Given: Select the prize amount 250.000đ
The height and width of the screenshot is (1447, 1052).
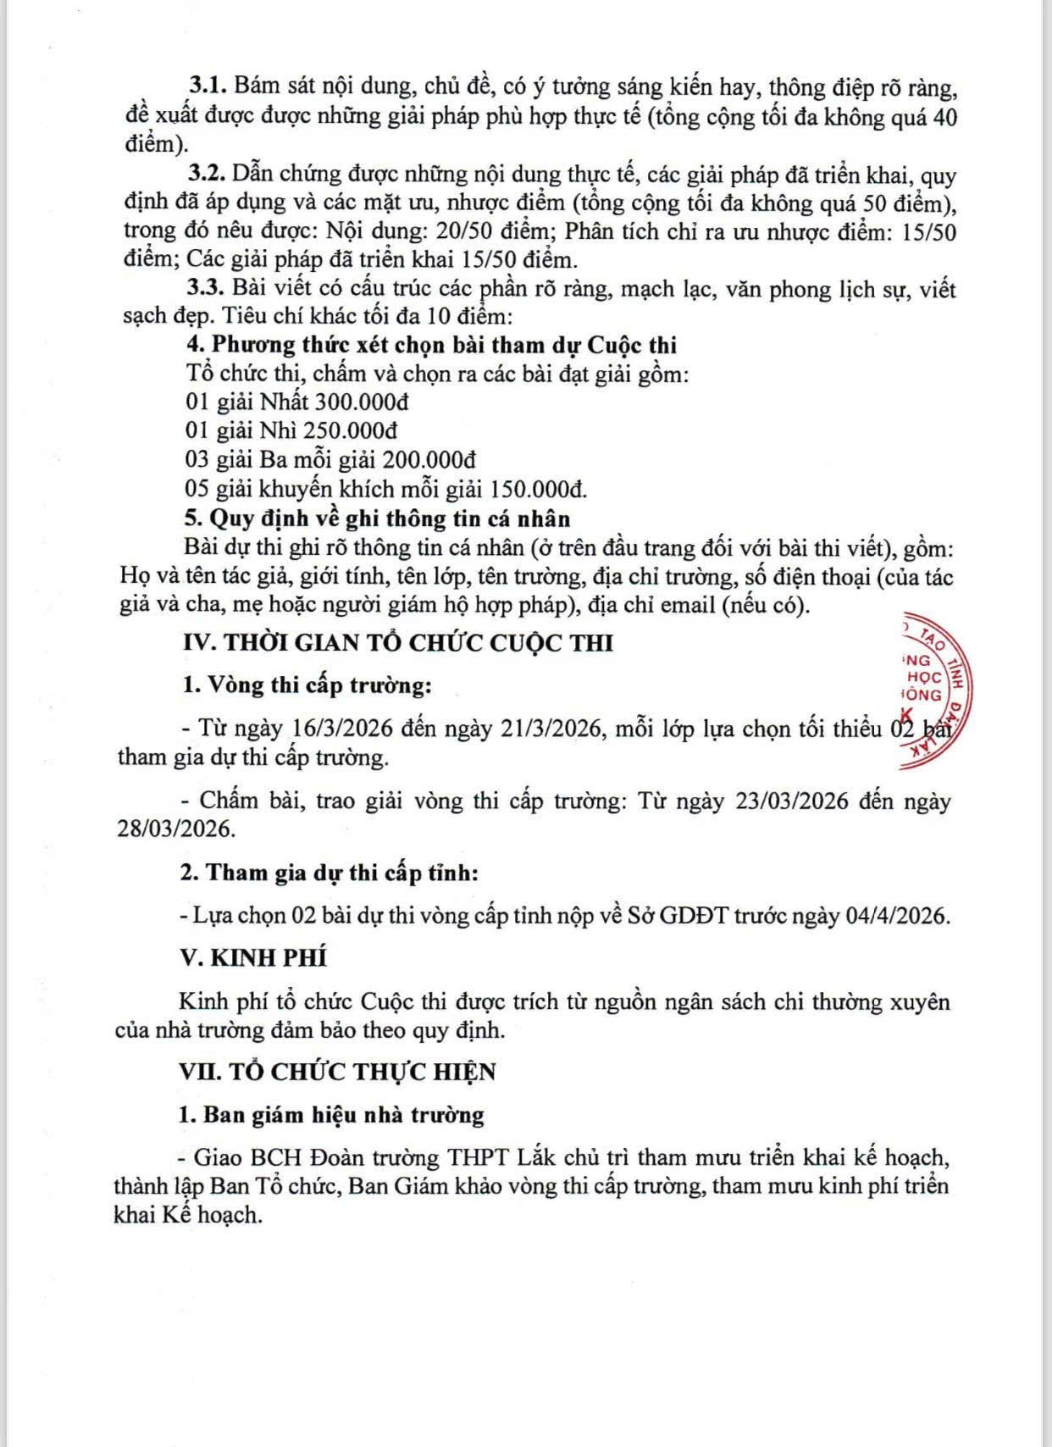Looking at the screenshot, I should point(351,430).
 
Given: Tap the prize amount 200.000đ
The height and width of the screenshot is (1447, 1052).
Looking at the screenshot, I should point(429,460).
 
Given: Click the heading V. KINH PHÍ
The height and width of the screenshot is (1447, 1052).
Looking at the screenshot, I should point(253,958).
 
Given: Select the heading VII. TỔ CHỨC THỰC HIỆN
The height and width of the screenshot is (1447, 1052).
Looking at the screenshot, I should point(338,1072).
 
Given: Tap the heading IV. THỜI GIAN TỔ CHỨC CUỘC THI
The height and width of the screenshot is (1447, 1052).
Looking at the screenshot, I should point(398,643).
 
